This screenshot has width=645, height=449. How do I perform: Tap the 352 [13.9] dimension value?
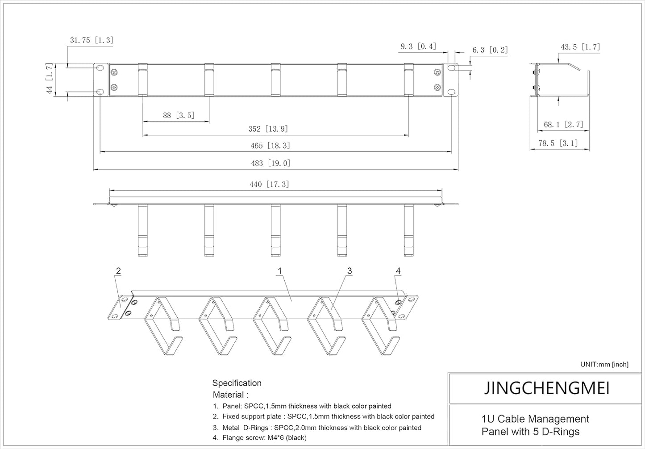tap(268, 129)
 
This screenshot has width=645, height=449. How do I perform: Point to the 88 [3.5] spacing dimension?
tap(178, 116)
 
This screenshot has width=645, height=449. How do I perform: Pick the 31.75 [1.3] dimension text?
tap(92, 40)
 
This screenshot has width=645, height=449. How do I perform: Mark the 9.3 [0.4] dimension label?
tap(418, 46)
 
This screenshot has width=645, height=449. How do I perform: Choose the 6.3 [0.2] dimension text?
tap(490, 50)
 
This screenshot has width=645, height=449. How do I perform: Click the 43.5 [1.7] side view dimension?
tap(580, 47)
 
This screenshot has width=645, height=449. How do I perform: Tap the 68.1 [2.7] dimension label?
tap(563, 125)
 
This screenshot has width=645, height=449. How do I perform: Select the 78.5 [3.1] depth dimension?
tap(558, 143)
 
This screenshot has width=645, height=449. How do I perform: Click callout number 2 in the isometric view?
tap(118, 270)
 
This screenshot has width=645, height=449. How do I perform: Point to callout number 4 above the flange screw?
tap(398, 270)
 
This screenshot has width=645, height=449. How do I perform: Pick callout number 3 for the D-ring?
tap(350, 270)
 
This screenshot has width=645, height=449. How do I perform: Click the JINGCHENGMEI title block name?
tap(547, 388)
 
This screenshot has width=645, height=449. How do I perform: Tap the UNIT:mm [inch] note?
tap(604, 364)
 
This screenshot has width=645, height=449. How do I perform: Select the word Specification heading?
tap(237, 383)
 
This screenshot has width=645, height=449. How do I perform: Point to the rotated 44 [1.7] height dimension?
tap(50, 79)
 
